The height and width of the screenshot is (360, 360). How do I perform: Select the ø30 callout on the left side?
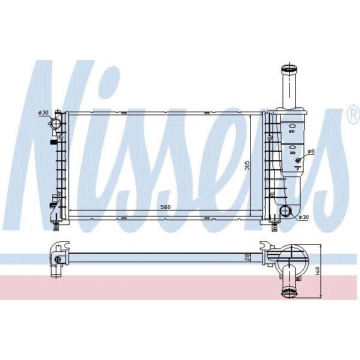tap(43, 113)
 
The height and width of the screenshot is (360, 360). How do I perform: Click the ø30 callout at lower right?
tap(304, 217)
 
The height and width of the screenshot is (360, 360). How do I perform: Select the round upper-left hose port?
tap(55, 125)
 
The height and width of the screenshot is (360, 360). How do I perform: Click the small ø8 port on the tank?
tap(302, 155)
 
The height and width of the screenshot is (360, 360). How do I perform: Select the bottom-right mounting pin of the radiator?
tap(274, 226)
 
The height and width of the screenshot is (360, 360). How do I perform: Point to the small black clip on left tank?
tap(53, 142)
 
